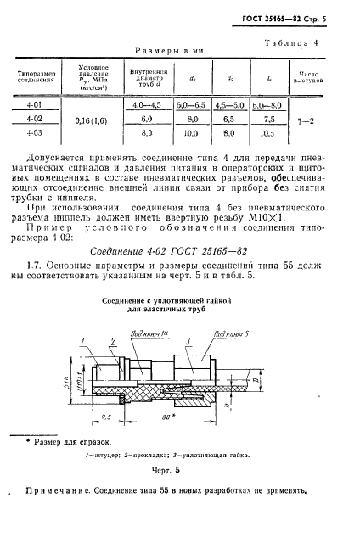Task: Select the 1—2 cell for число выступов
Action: pos(315,120)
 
